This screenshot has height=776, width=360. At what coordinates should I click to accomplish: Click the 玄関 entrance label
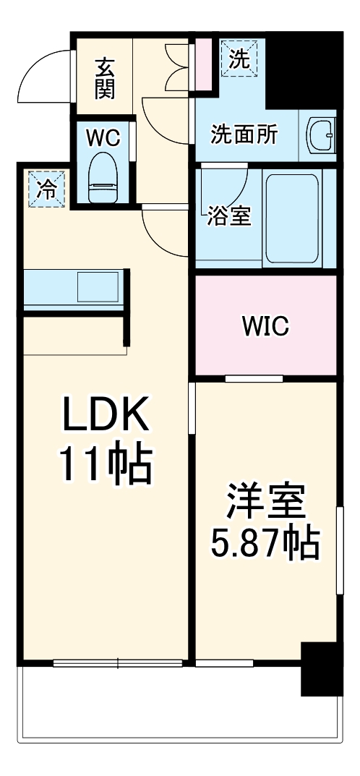click(105, 77)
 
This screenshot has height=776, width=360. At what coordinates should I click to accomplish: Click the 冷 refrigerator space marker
click(46, 189)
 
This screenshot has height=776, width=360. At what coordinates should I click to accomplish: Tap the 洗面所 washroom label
click(244, 135)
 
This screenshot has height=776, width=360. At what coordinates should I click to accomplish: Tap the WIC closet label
click(265, 326)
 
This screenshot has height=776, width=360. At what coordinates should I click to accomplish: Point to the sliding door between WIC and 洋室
click(253, 378)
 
